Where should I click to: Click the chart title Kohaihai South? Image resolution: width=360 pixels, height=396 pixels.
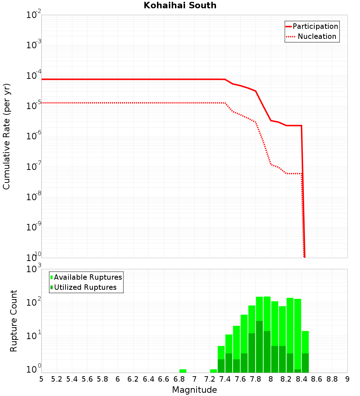click(x=180, y=5)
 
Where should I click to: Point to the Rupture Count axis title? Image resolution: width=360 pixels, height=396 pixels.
click(x=14, y=320)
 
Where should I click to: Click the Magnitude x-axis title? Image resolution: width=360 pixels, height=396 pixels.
click(x=194, y=390)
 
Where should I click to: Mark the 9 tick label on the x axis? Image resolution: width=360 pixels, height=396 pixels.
click(x=347, y=379)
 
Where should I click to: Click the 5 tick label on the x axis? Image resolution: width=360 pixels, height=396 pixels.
click(x=41, y=379)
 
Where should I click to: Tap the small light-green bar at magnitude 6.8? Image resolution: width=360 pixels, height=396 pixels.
click(x=183, y=371)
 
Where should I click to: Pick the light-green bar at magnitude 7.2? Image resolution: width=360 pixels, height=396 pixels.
click(x=213, y=371)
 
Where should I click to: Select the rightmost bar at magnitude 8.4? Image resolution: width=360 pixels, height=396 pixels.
click(x=305, y=342)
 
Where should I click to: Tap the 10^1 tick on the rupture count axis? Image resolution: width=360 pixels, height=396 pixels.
click(x=34, y=336)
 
